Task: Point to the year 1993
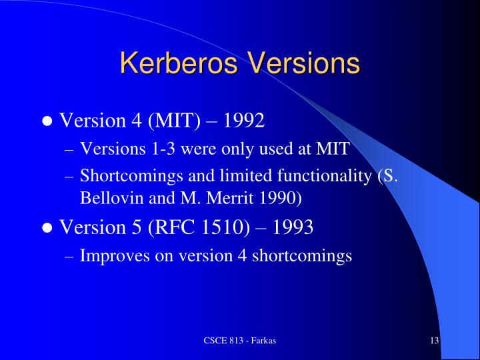point(291,228)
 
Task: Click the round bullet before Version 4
point(47,122)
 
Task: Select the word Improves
point(108,255)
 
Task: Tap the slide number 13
point(434,341)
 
